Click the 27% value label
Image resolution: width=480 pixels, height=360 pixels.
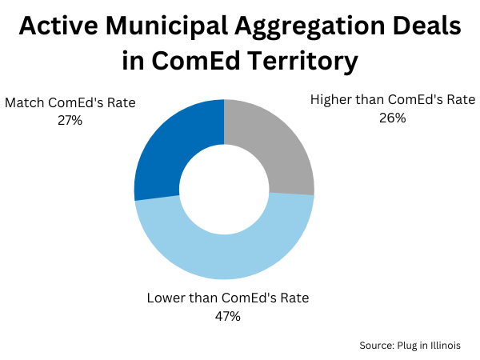coord(70,120)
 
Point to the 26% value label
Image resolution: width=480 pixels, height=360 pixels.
coord(393,118)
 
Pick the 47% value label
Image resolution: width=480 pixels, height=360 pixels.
coord(227,316)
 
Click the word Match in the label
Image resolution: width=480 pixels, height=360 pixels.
coord(25,102)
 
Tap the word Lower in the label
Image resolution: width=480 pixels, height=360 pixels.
coord(166,298)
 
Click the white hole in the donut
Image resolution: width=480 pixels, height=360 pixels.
coord(224,190)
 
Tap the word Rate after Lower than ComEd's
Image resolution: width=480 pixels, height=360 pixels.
coord(293,298)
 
